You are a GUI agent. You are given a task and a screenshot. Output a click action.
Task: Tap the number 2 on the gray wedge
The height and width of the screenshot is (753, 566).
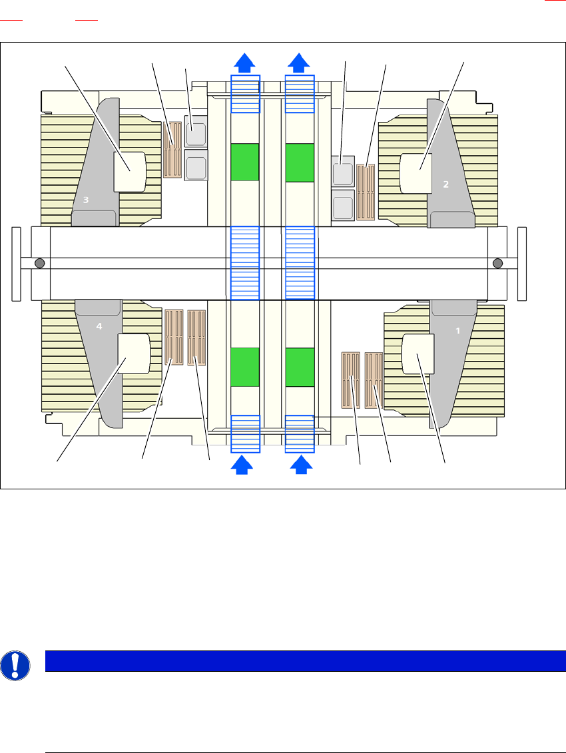coord(446,184)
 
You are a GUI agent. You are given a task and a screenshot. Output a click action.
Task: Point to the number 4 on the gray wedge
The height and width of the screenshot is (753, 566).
coord(99,326)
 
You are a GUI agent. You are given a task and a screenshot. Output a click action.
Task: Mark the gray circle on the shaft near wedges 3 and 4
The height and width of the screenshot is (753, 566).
coord(40,264)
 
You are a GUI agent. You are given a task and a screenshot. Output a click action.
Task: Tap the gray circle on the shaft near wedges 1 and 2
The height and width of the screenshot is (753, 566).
coord(497,264)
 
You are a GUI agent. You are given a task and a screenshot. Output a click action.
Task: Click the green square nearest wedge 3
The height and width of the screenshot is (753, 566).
coord(244,162)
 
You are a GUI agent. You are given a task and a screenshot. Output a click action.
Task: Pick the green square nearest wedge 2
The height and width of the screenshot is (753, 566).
coord(299,162)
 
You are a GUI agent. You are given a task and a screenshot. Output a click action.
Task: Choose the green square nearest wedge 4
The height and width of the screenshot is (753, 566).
coord(244,366)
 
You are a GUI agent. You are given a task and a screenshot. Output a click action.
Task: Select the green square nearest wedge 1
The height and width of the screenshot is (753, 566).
coord(299,366)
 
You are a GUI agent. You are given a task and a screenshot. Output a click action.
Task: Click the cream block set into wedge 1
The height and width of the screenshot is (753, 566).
coord(419,354)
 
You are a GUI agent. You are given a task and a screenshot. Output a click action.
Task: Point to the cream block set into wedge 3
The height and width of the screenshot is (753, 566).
coord(130,172)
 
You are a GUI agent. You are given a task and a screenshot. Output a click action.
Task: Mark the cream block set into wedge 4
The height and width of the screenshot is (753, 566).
coord(134,354)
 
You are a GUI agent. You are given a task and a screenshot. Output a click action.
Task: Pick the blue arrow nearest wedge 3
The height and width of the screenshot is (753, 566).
coord(244,63)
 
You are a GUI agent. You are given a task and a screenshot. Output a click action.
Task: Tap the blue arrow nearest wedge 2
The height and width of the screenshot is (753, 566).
coord(299,63)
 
